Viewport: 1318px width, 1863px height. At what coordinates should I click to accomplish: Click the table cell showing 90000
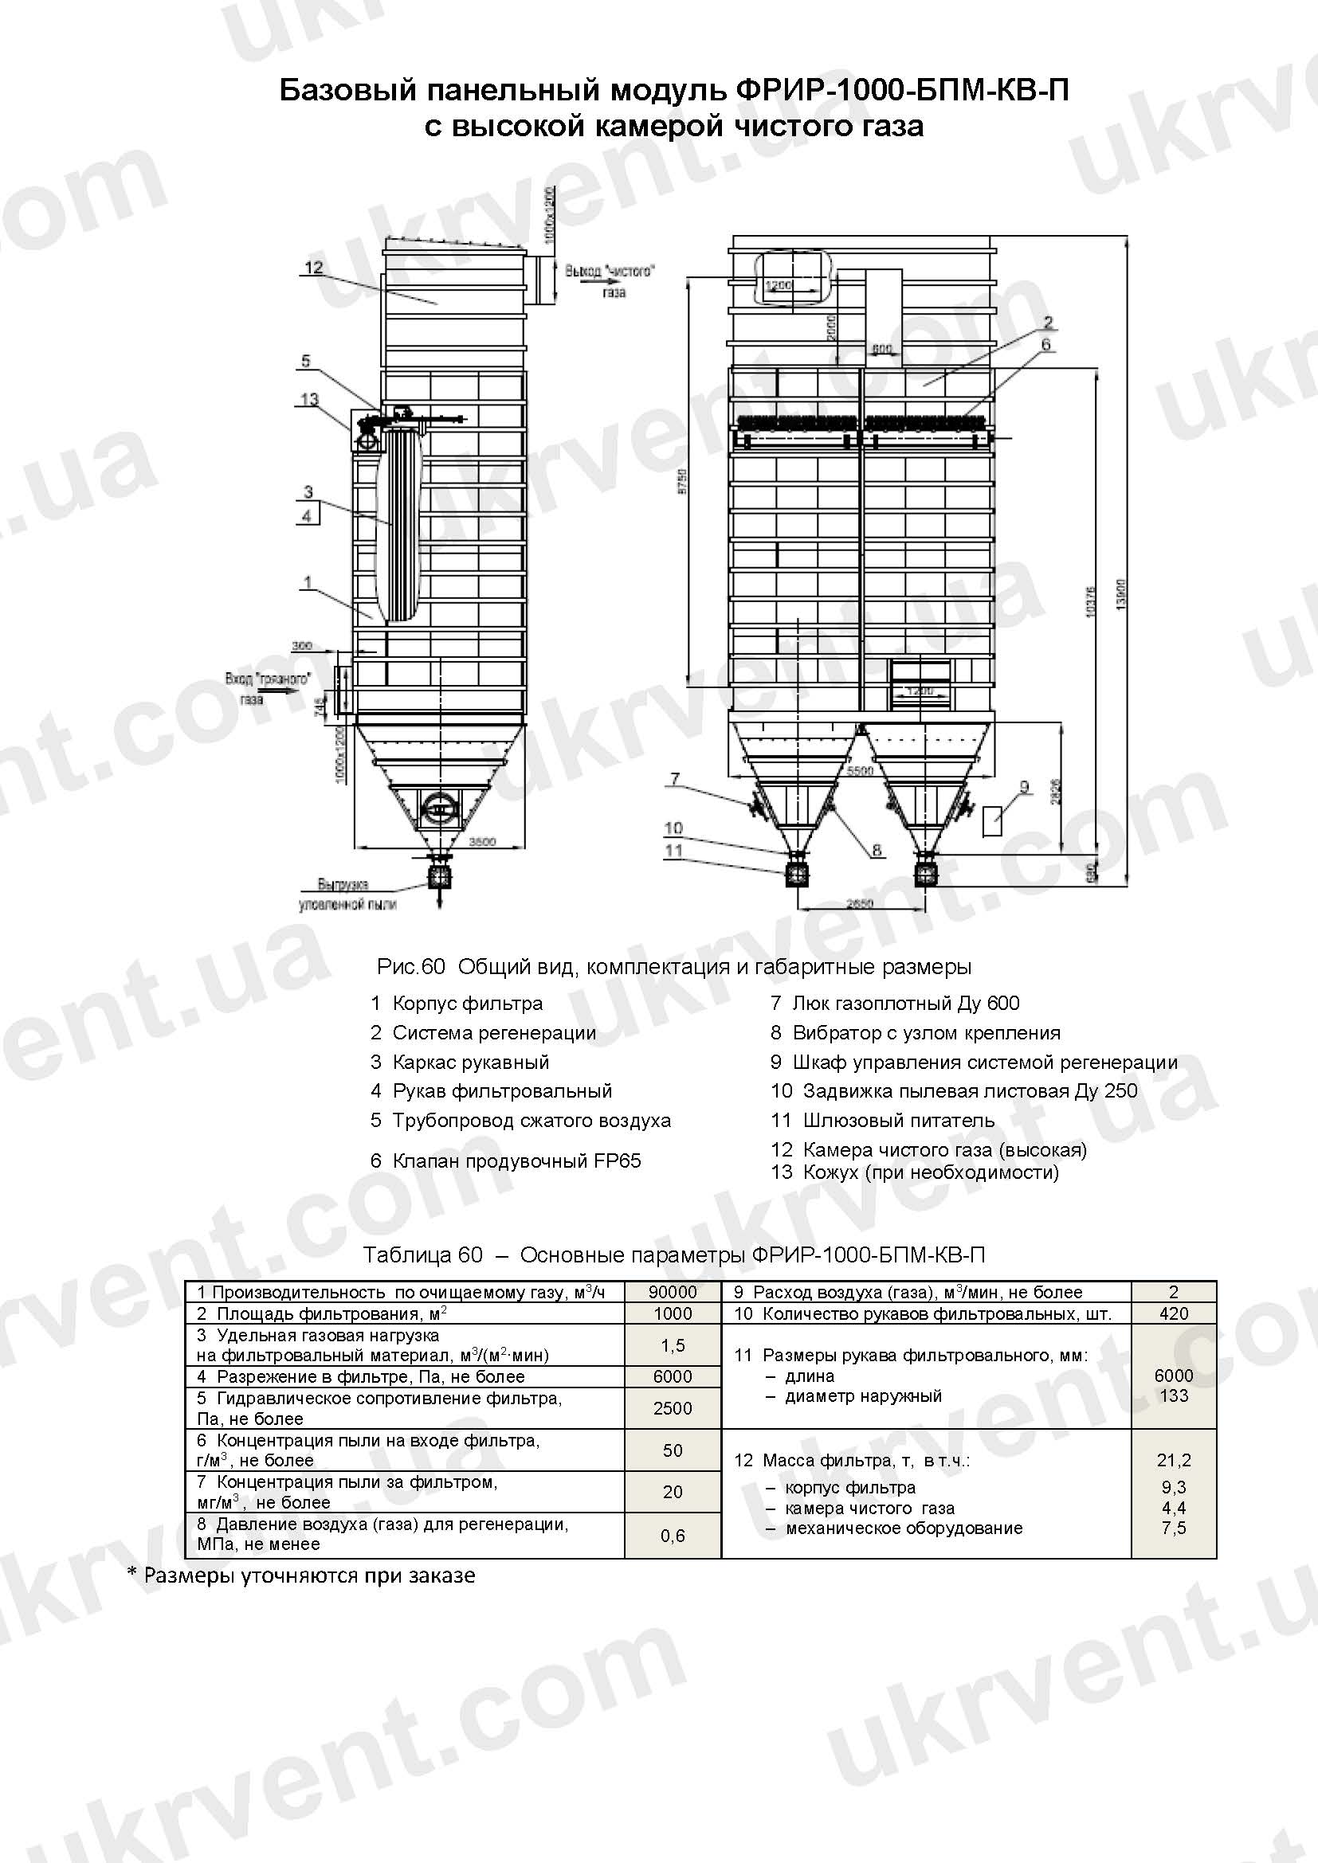pos(673,1292)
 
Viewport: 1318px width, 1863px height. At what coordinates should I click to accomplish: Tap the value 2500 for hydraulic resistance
pos(673,1409)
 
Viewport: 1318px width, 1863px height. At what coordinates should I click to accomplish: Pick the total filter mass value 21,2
pos(1174,1461)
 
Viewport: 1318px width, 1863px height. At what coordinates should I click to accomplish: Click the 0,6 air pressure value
pos(673,1536)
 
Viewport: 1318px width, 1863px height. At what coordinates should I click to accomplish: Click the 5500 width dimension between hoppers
pos(860,770)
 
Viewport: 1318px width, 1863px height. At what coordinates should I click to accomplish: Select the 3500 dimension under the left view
pos(482,842)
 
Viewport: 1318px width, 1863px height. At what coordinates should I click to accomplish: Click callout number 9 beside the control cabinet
pos(1024,786)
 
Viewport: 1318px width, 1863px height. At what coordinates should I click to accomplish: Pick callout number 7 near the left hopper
pos(674,780)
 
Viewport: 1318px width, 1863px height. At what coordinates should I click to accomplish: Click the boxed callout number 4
pos(307,515)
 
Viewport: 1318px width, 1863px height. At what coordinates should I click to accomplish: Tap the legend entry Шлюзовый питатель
pos(897,1121)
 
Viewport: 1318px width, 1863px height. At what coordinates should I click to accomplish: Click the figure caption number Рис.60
pos(411,967)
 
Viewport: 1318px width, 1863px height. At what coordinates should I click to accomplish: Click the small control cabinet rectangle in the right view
pos(992,821)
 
